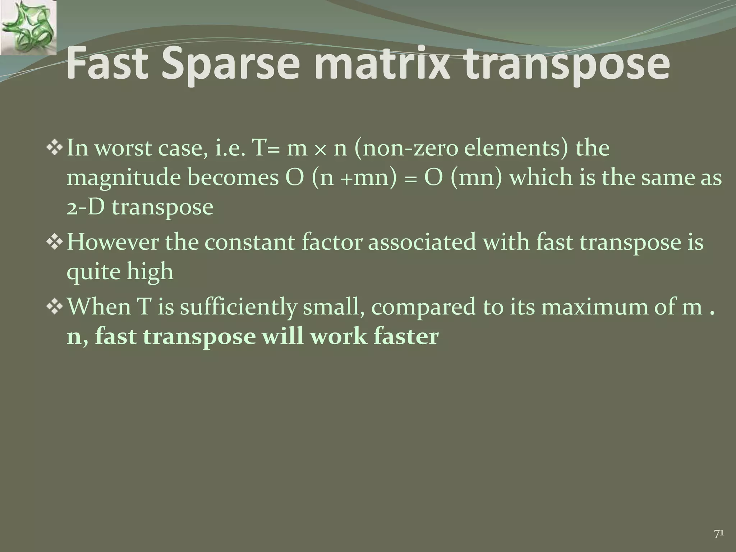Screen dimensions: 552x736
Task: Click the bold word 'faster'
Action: [406, 337]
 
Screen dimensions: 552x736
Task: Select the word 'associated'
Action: [424, 242]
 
